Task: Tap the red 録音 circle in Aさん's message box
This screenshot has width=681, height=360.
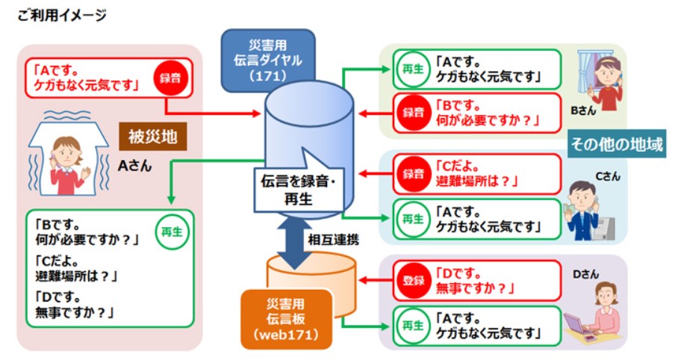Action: pyautogui.click(x=170, y=78)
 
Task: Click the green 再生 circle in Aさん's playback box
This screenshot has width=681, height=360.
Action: pyautogui.click(x=170, y=232)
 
